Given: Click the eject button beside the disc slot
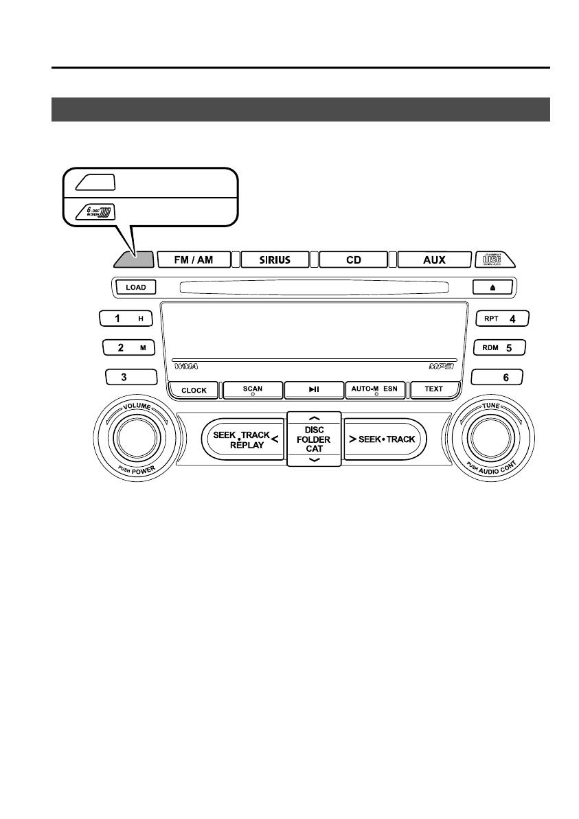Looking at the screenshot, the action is pos(492,288).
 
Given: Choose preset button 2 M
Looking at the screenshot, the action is pos(127,347).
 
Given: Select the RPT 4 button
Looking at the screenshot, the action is pos(499,319).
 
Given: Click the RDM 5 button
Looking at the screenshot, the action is pos(499,347).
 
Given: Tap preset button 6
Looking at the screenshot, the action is pos(499,377).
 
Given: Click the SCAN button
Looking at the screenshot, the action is pos(253,390).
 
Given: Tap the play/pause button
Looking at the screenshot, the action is pos(314,390).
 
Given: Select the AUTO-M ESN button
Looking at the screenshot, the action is pos(376,390).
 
